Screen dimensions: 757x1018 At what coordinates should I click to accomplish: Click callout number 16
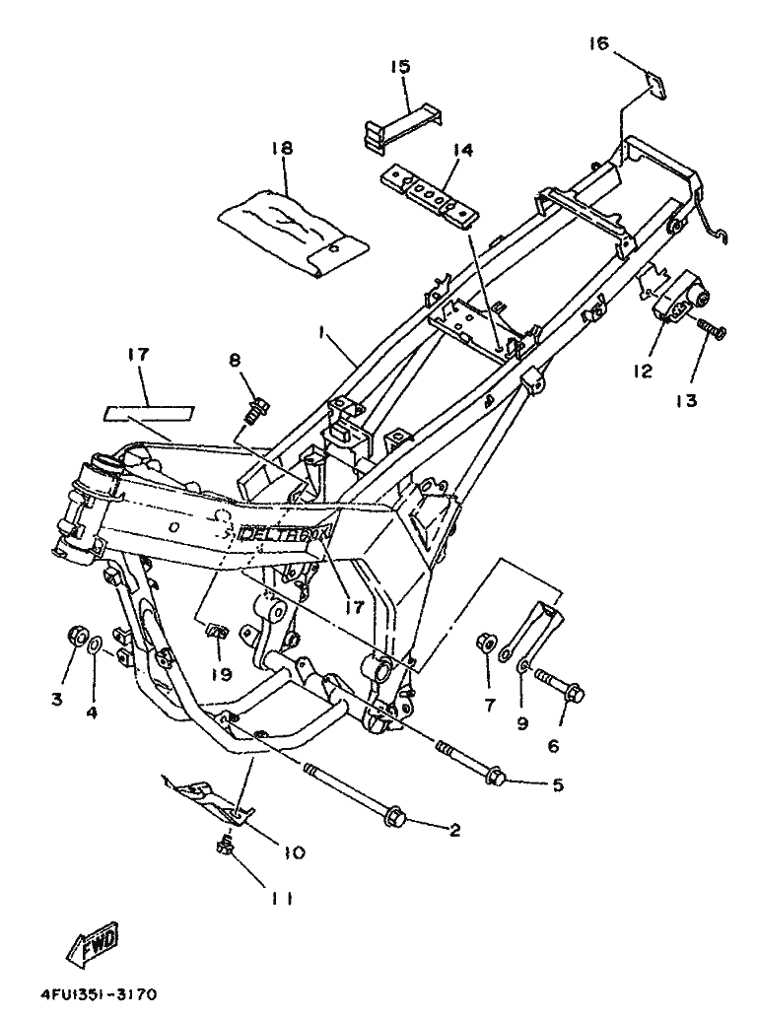[x=599, y=43]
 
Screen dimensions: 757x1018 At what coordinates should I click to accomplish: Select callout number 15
[x=400, y=66]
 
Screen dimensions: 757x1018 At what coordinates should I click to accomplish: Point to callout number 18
[x=282, y=148]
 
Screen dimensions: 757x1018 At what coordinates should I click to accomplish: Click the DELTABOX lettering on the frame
[x=287, y=533]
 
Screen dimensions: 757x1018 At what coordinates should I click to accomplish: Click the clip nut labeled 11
[x=224, y=845]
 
